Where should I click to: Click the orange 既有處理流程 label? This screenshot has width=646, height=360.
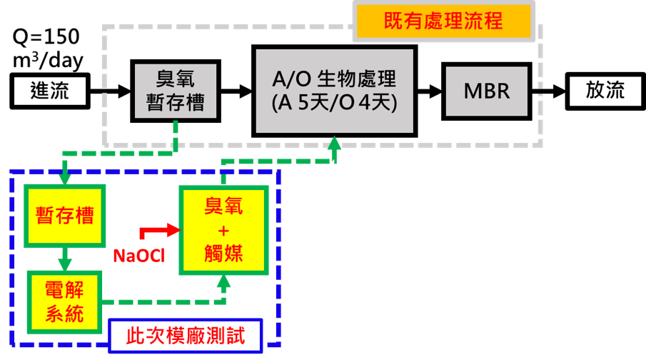(444, 21)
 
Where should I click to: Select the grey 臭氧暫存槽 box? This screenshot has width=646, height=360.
(176, 91)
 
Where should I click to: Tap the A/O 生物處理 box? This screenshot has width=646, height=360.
(334, 91)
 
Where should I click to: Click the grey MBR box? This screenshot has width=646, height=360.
(486, 91)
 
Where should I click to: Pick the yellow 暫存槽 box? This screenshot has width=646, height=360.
(65, 216)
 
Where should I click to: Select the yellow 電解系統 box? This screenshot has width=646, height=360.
(64, 301)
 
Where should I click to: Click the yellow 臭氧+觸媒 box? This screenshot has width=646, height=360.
(223, 230)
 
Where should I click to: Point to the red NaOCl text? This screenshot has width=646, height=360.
(138, 255)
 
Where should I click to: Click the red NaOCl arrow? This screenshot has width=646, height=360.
(161, 230)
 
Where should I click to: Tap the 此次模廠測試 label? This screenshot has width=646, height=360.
(186, 336)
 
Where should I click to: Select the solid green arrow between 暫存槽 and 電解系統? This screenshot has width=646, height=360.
(65, 259)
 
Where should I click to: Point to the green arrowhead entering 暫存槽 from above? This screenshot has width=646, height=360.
(65, 178)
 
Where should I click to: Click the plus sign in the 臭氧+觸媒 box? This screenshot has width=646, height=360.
(223, 230)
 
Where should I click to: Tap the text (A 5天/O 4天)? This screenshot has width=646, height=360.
(334, 103)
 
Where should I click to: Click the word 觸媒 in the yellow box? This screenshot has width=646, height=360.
(223, 253)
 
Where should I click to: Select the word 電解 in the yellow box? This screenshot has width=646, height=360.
(64, 290)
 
